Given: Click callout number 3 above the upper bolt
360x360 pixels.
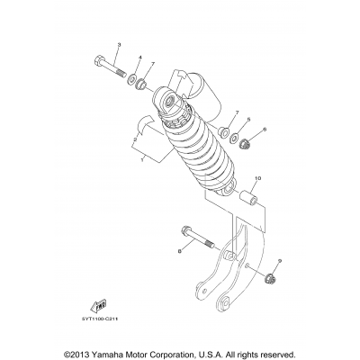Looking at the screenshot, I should (x=119, y=44).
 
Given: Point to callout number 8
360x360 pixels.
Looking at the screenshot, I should (x=179, y=254).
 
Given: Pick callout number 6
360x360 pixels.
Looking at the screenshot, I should (x=265, y=130).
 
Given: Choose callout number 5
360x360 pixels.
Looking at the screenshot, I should (x=248, y=118).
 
